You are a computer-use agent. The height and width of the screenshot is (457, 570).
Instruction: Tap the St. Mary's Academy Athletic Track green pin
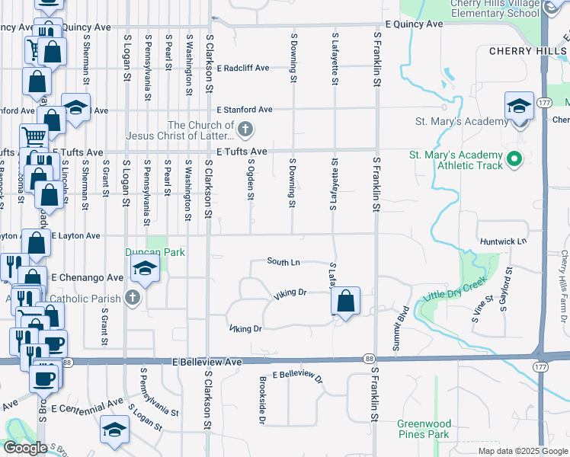pyautogui.click(x=514, y=159)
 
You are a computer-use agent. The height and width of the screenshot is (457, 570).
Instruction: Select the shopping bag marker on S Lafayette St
pyautogui.click(x=346, y=301)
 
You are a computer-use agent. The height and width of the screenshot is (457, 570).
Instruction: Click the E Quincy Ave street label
pyautogui.click(x=415, y=24)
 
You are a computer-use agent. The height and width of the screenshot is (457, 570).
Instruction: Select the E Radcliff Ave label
pyautogui.click(x=242, y=68)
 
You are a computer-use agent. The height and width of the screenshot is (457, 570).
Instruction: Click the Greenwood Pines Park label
pyautogui.click(x=424, y=428)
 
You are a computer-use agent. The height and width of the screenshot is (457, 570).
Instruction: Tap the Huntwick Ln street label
pyautogui.click(x=503, y=241)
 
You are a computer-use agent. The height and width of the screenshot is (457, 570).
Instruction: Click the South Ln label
pyautogui.click(x=283, y=262)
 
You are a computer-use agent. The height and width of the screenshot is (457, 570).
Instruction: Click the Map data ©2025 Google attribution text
pyautogui.click(x=522, y=451)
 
